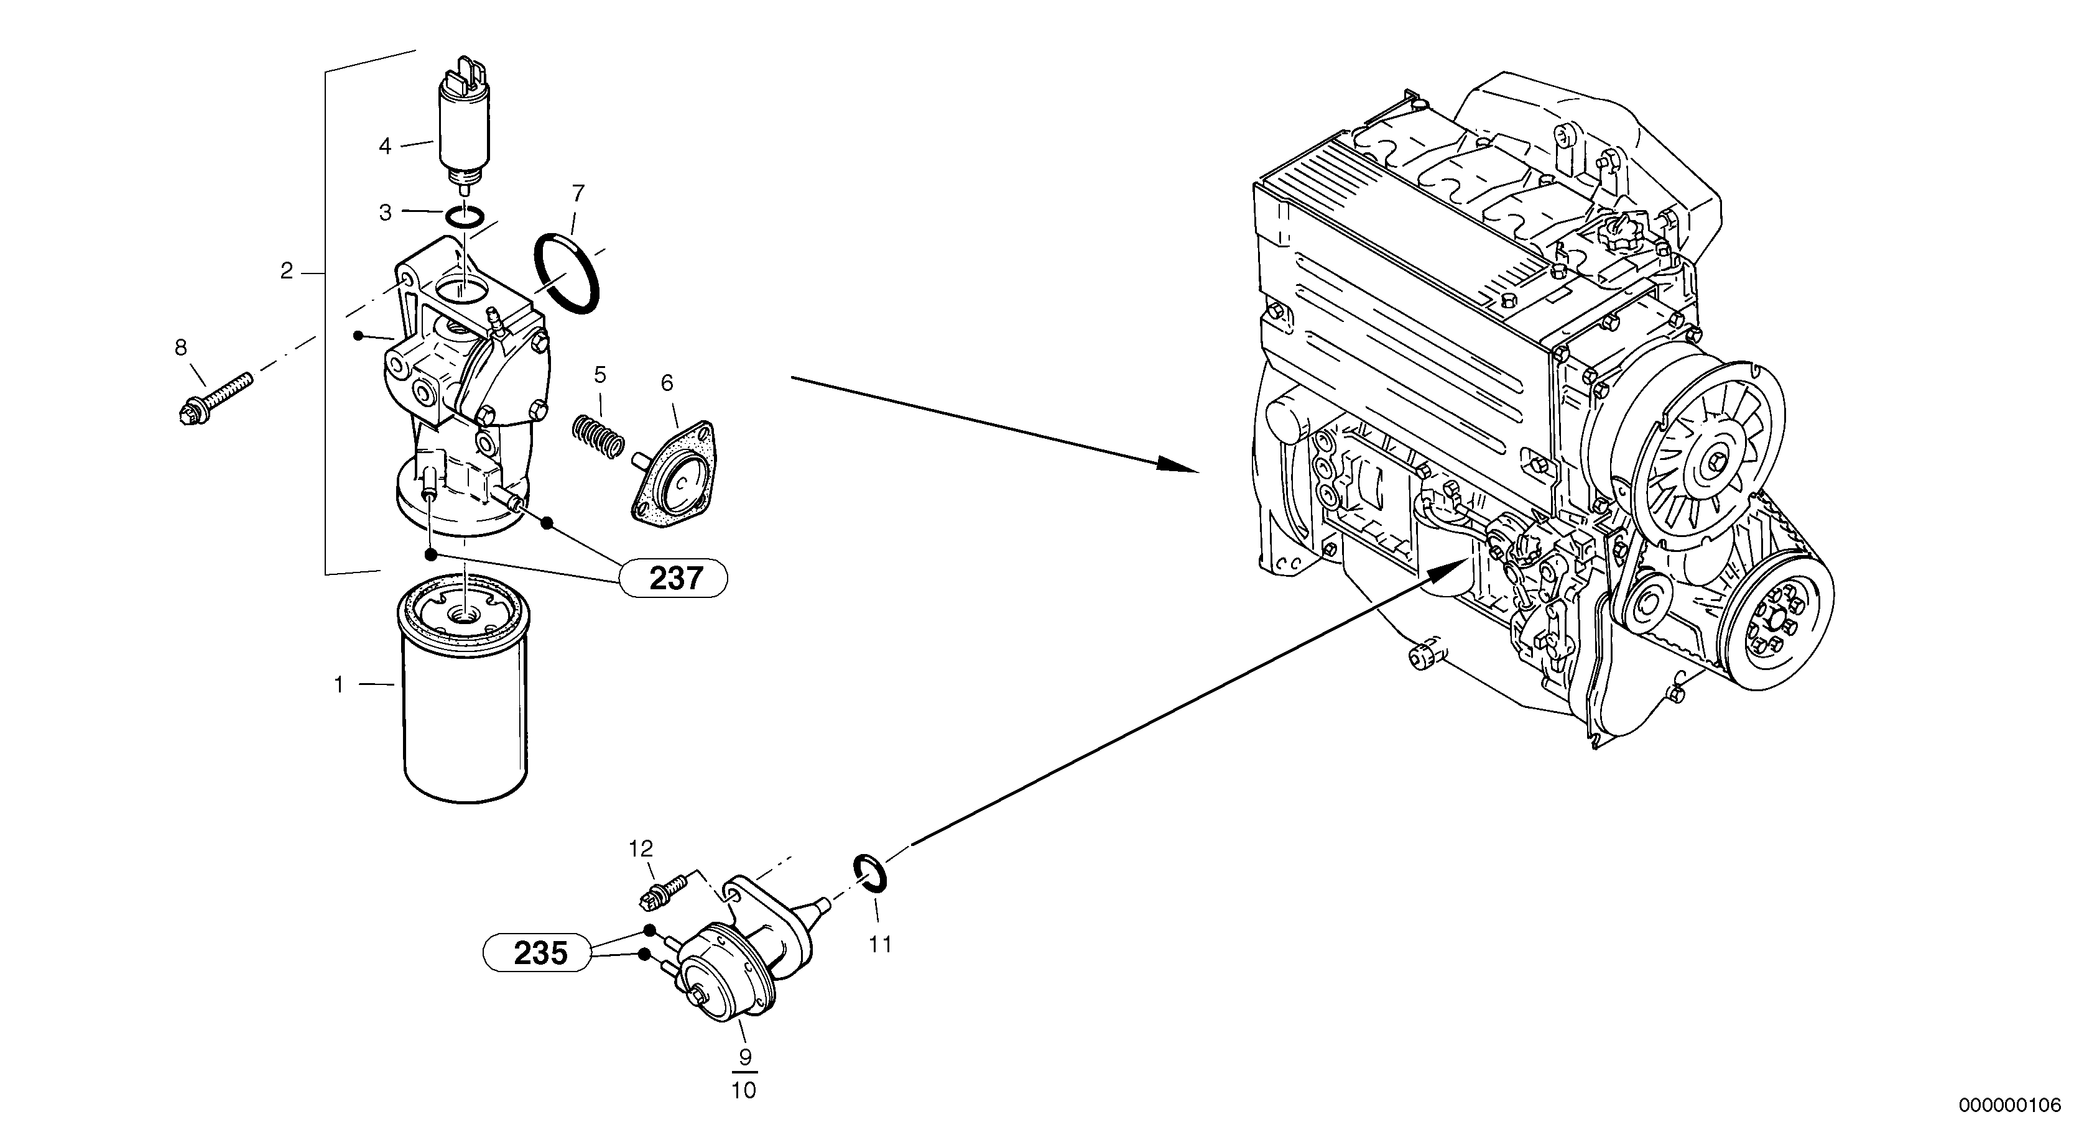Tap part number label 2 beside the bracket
[287, 272]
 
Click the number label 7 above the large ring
[577, 194]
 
